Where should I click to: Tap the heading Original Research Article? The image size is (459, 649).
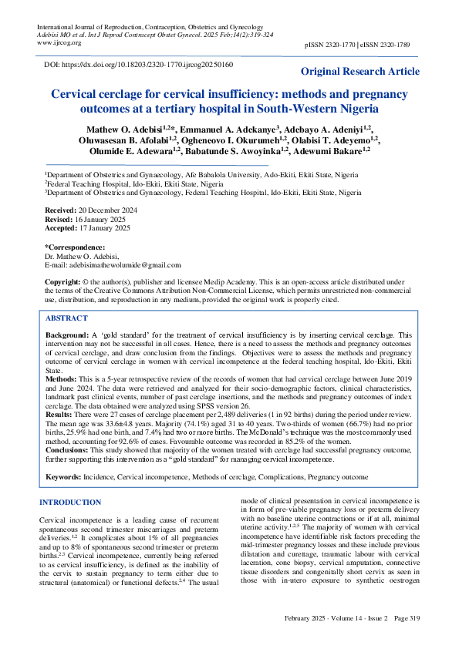click(360, 72)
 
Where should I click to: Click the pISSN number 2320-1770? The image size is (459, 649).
click(342, 47)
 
